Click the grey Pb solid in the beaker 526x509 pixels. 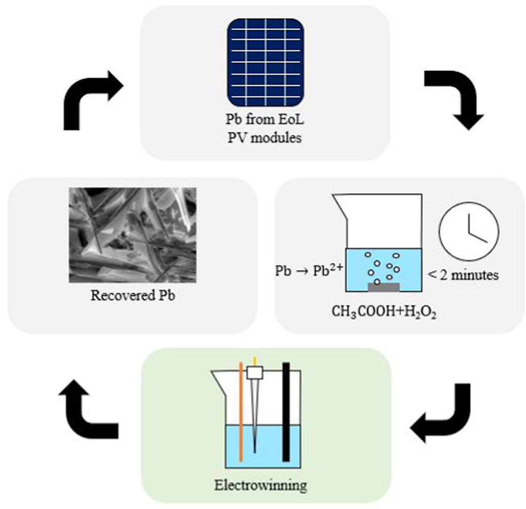[384, 286]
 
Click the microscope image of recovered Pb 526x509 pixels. [132, 235]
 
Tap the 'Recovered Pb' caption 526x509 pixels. [132, 296]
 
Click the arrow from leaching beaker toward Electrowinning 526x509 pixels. [443, 413]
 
